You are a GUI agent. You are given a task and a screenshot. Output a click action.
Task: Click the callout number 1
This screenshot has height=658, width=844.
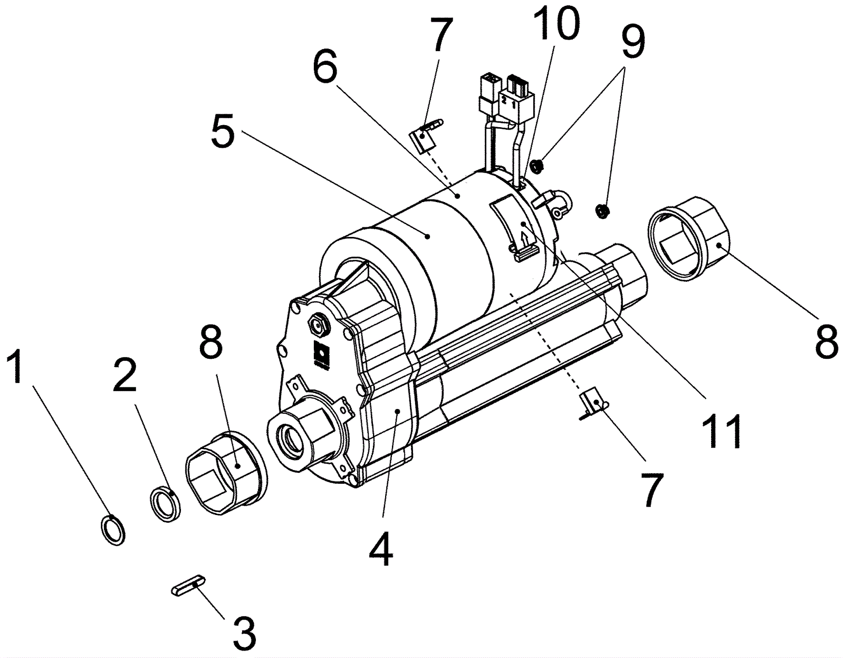tap(17, 368)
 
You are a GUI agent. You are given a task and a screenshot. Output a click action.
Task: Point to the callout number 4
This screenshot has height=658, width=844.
tap(380, 548)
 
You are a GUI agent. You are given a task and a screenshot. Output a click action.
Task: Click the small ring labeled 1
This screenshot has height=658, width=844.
tap(113, 530)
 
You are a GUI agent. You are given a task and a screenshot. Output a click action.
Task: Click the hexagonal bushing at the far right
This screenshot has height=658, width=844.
tap(690, 236)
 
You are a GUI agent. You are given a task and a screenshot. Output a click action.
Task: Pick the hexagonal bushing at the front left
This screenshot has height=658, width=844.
tap(226, 472)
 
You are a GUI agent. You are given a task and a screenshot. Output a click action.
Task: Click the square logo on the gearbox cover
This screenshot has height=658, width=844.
tap(320, 351)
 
